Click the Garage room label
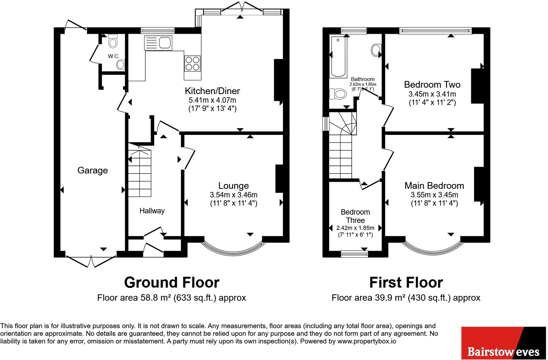(92, 170)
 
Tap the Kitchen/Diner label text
(212, 91)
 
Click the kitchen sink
(158, 43)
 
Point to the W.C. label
(113, 56)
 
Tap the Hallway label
(152, 211)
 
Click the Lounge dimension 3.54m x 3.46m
(234, 195)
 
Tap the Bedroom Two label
(432, 84)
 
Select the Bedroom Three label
(355, 216)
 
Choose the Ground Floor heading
(172, 283)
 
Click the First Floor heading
(406, 283)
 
